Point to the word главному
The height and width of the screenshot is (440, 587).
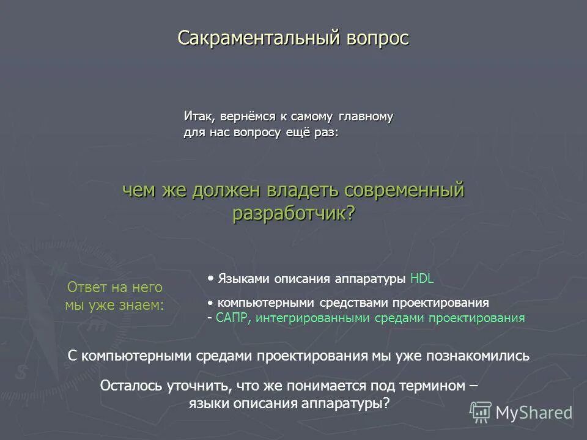tap(365, 116)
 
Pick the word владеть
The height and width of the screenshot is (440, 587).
tap(304, 191)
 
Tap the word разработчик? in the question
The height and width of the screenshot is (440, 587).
tap(293, 213)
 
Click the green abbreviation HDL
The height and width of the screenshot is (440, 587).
tap(422, 279)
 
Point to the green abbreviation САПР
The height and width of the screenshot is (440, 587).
tap(232, 318)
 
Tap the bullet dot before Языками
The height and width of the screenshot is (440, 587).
tap(210, 278)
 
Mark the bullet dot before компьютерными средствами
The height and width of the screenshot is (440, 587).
tap(210, 302)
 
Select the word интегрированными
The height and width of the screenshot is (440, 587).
tap(308, 318)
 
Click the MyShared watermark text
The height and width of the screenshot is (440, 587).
tap(534, 413)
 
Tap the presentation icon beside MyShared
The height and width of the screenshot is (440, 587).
tap(481, 413)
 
